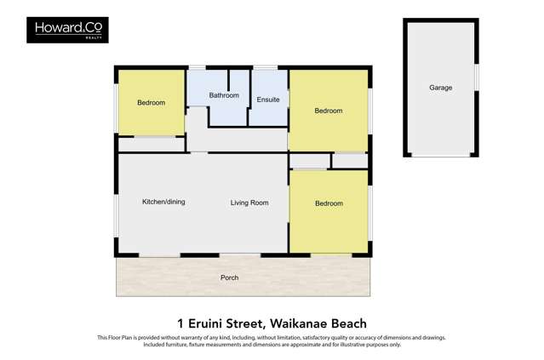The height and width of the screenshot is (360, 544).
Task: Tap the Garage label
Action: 440,88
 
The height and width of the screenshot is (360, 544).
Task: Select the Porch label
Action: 229,277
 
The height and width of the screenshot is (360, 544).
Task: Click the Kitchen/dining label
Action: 163,202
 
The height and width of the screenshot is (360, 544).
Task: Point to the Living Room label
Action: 249,203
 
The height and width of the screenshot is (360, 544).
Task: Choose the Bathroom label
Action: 224,95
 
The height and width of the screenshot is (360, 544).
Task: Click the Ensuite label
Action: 268,100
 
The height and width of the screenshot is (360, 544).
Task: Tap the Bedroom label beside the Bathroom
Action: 151,103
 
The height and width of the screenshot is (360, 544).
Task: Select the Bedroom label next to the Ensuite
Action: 328,111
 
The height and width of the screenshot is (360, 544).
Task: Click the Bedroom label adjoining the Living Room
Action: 329,203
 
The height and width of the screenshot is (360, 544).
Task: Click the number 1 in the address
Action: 180,323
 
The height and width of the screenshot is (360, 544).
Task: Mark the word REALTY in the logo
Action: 94,38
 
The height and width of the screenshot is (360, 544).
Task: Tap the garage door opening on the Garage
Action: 440,156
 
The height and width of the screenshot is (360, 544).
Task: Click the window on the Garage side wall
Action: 477,77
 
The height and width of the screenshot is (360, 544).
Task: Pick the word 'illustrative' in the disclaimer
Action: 358,345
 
